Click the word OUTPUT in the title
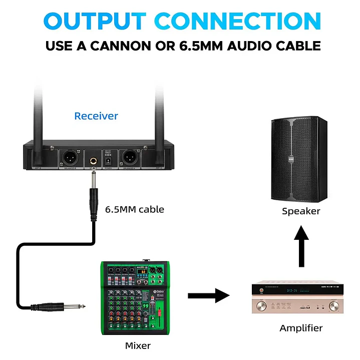click(x=95, y=22)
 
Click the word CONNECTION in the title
click(x=238, y=22)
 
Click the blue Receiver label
click(x=96, y=116)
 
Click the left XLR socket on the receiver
click(x=69, y=158)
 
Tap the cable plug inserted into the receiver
click(x=93, y=195)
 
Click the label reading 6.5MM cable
click(x=134, y=209)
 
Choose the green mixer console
click(x=136, y=298)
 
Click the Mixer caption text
click(x=138, y=345)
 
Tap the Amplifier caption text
click(x=301, y=328)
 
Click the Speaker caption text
click(x=301, y=211)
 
